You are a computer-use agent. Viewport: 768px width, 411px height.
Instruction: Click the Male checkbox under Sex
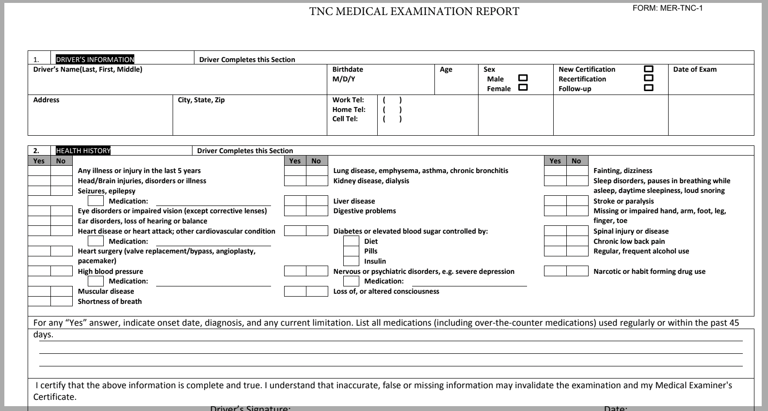coord(523,78)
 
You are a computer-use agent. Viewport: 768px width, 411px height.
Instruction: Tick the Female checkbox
coord(523,88)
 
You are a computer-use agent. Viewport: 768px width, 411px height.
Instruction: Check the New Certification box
coord(648,69)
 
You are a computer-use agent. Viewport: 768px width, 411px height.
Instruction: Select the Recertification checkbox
coord(648,78)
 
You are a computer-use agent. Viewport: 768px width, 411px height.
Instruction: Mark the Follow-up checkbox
coord(648,88)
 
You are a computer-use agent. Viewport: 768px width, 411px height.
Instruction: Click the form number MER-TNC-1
coord(668,8)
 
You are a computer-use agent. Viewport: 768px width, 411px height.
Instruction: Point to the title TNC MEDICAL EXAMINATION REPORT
coord(414,12)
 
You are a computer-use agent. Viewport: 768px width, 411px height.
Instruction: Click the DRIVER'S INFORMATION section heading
coord(95,60)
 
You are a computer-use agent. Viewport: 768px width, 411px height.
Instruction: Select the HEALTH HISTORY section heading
coord(83,151)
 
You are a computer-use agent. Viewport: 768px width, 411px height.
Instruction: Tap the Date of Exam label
coord(694,69)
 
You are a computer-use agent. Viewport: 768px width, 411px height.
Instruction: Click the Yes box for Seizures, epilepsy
coord(39,191)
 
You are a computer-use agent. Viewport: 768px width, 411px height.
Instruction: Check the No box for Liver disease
coord(317,201)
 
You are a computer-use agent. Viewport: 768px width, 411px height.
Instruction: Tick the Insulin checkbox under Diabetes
coord(351,261)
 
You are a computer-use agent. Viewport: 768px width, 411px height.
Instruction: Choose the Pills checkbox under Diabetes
coord(351,251)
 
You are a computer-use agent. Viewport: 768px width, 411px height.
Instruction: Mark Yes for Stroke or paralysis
coord(555,201)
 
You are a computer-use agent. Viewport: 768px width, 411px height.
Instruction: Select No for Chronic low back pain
coord(577,241)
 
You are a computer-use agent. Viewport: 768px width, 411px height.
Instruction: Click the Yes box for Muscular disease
coord(39,291)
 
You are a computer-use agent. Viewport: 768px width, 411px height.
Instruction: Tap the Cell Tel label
coord(345,119)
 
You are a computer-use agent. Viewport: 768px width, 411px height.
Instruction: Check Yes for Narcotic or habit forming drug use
coord(555,271)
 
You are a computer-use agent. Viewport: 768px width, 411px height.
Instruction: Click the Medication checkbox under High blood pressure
coord(96,281)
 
